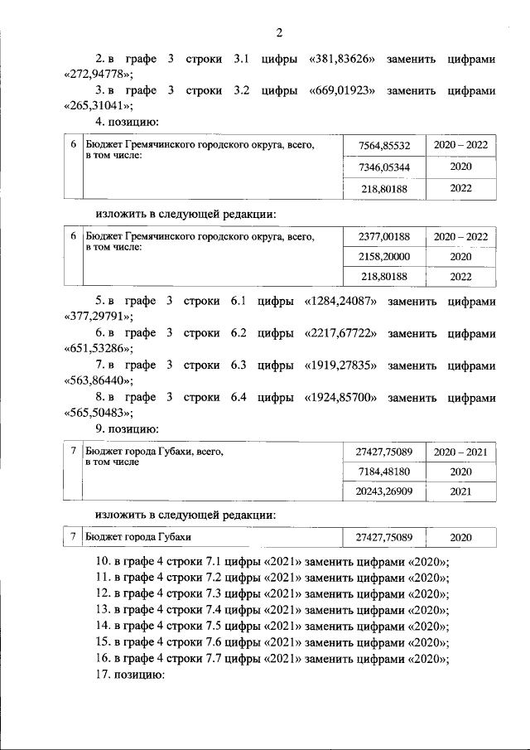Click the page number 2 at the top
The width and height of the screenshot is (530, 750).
[x=279, y=32]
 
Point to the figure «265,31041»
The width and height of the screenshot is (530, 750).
[x=98, y=105]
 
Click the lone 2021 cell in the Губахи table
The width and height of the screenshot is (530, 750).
[x=460, y=491]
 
